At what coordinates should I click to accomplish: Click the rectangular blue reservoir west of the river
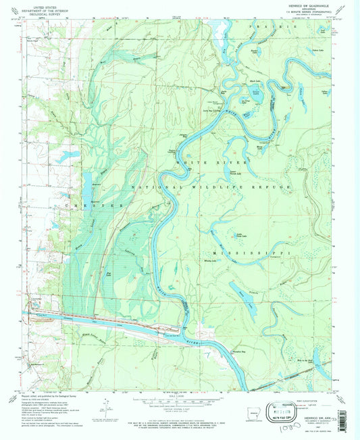[87, 180]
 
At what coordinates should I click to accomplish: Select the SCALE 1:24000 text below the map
[180, 396]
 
